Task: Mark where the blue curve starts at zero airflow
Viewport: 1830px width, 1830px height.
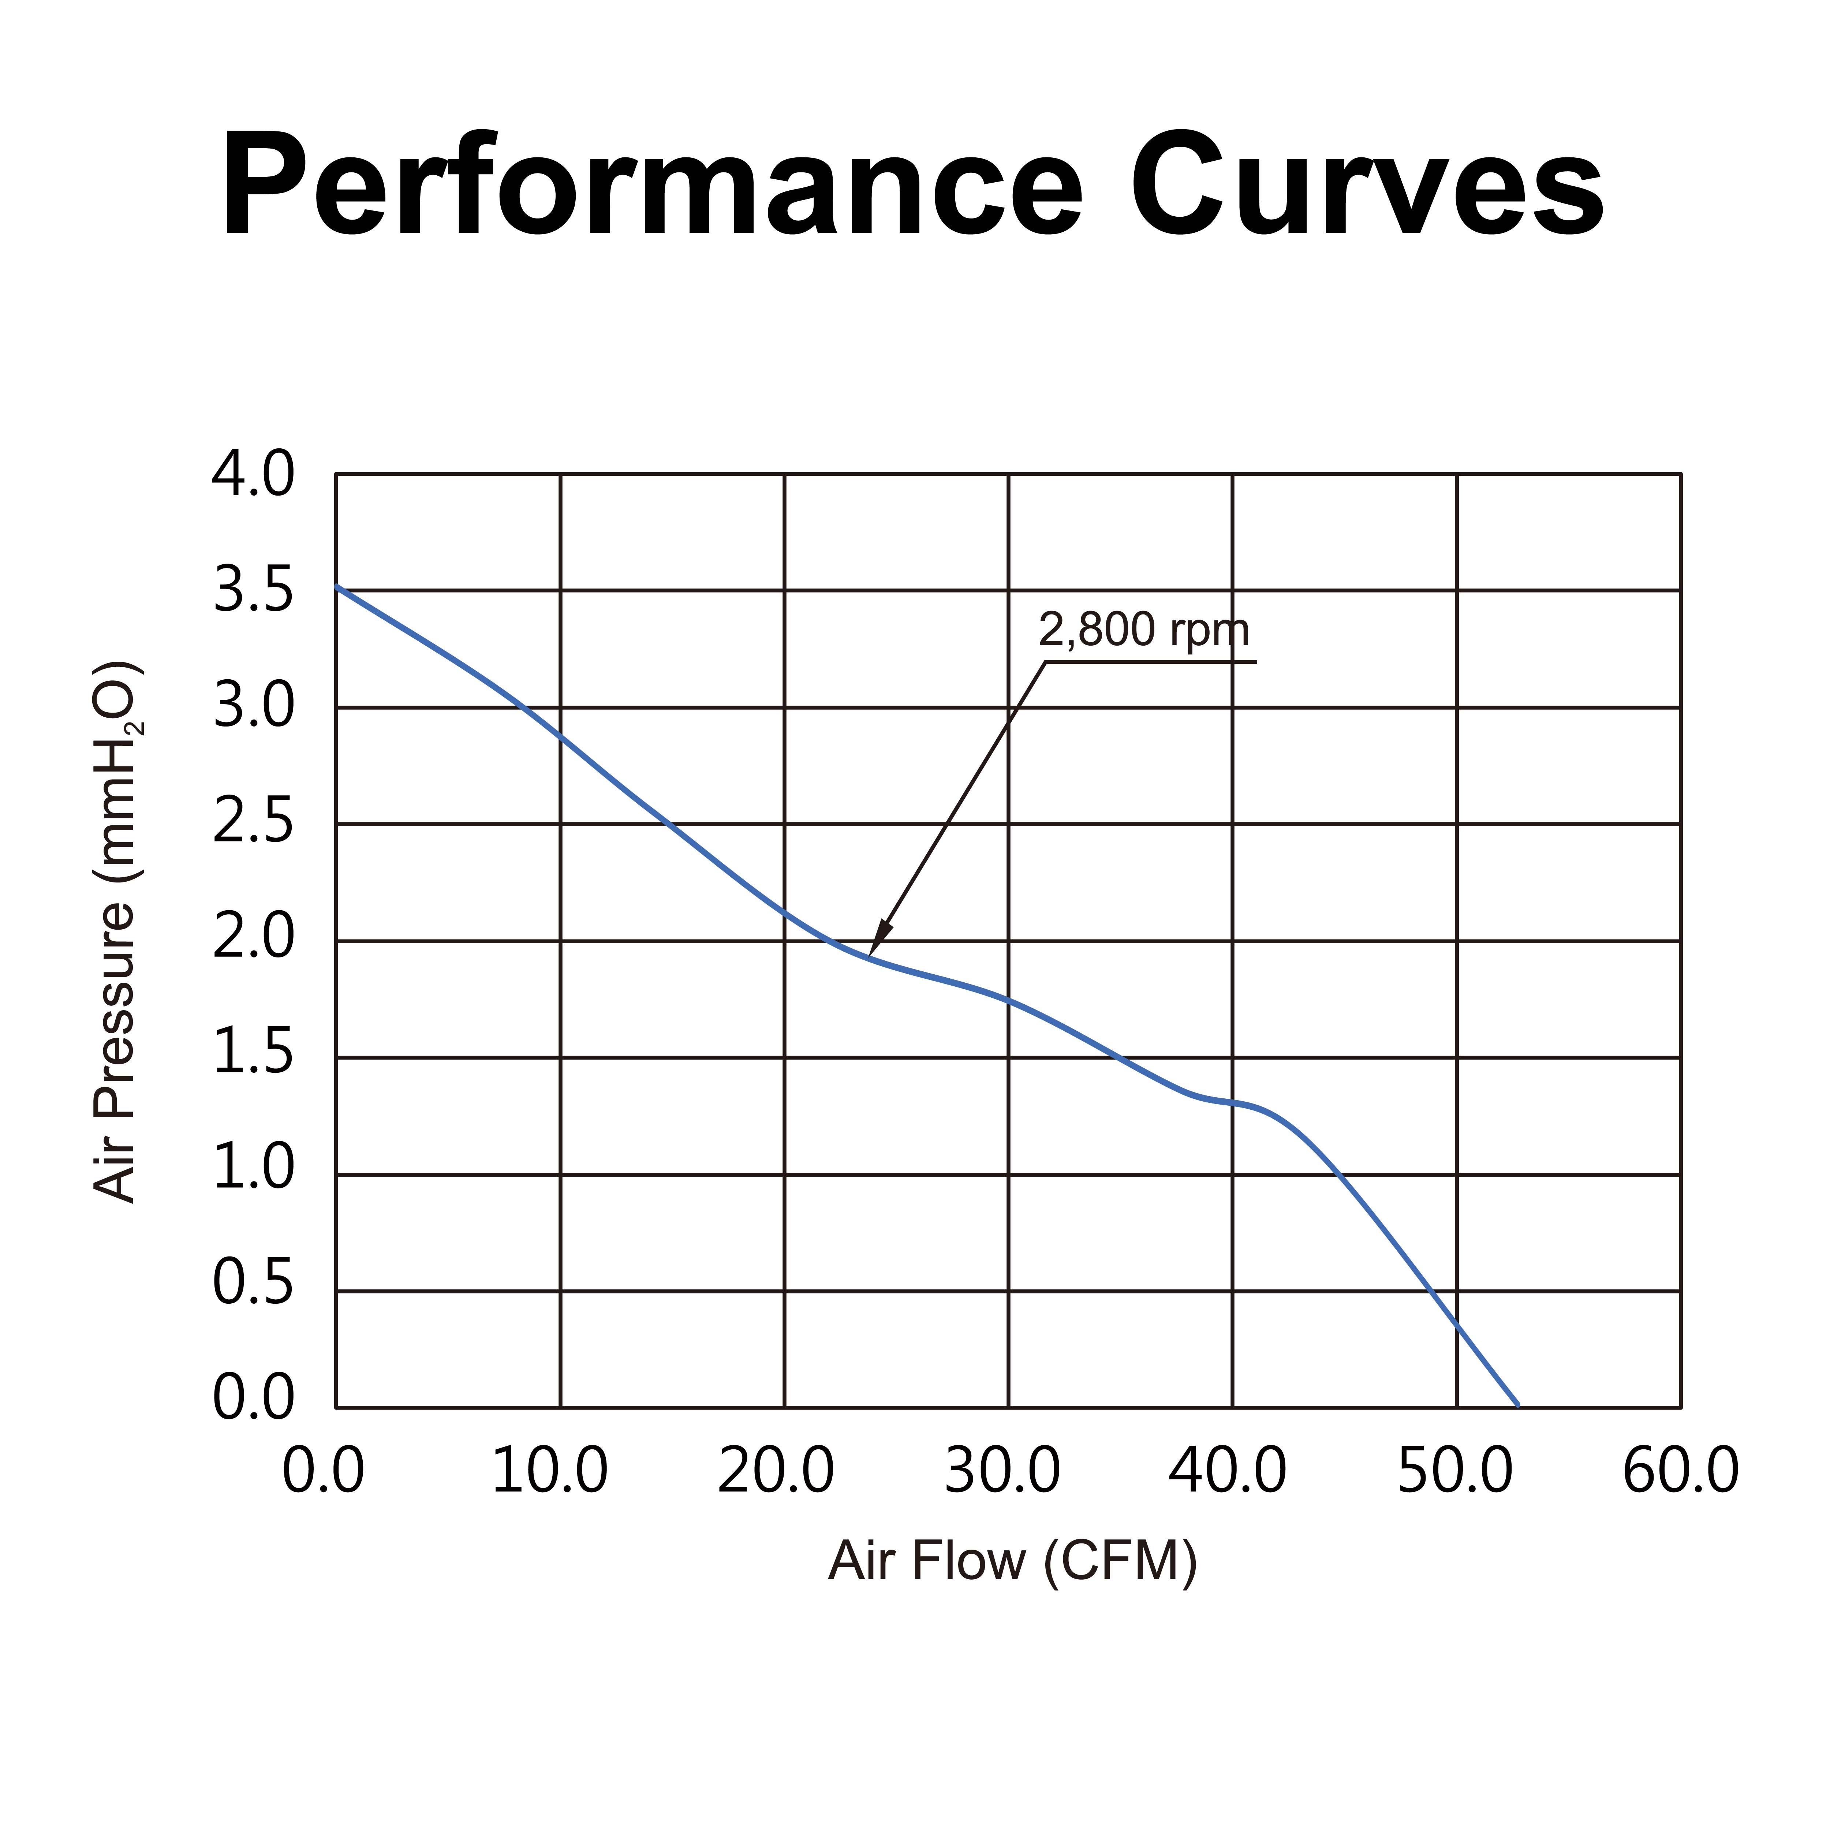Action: click(337, 586)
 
